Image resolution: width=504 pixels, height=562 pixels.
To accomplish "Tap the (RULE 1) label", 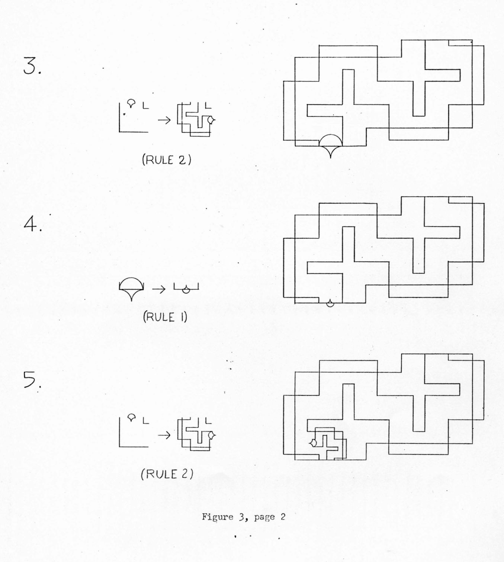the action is coord(165,317).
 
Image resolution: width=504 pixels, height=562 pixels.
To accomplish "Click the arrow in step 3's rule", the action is coord(164,120).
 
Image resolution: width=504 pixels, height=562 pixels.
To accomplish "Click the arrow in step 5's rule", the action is coord(164,434).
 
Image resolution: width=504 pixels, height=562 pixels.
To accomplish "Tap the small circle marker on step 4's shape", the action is coord(330,303).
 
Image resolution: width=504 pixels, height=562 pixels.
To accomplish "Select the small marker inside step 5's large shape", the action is coord(313,443).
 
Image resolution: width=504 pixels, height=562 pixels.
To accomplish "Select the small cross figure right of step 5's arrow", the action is coord(196,433).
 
